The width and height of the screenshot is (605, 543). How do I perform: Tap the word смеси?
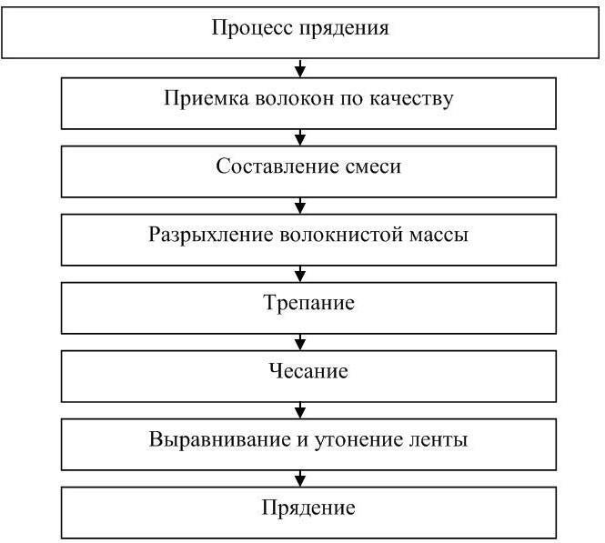coord(366,166)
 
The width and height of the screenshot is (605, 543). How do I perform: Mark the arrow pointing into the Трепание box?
coord(300,273)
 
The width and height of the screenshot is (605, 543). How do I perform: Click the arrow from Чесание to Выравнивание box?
coord(300,410)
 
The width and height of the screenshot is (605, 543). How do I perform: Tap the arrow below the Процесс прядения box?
coord(300,67)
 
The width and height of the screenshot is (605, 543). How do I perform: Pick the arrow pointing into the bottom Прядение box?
coord(300,478)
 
